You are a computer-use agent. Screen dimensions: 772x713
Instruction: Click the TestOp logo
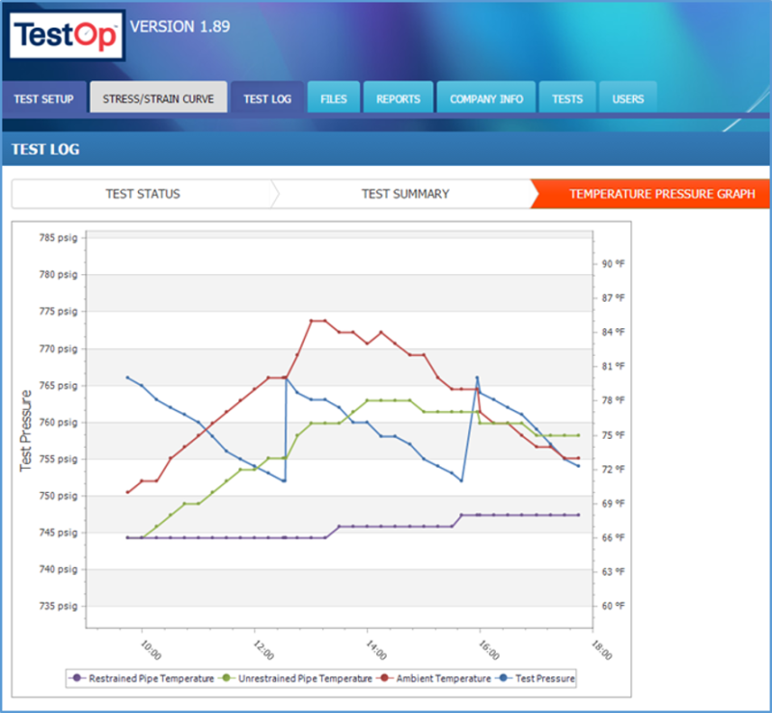coord(67,35)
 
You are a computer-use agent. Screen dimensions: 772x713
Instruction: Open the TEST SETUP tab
coord(43,98)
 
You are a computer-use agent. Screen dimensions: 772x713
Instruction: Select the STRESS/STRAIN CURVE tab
coord(158,98)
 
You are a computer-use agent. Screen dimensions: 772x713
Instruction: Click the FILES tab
coord(334,98)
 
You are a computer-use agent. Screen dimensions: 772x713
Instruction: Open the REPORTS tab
coord(399,98)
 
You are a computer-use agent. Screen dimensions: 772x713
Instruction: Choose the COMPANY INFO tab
coord(486,98)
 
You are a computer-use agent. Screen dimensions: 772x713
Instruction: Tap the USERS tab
coord(628,98)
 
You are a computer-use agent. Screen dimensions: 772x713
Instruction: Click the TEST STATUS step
coord(143,194)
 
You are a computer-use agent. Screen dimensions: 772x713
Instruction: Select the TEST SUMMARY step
coord(405,194)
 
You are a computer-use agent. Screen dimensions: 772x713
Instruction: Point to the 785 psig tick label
coord(59,238)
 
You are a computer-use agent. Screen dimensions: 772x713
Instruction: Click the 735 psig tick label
coord(59,606)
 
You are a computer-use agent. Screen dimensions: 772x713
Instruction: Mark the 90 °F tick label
coord(613,264)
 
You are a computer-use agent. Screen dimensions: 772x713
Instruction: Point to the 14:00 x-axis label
coord(376,650)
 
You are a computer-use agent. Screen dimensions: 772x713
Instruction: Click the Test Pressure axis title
coord(26,431)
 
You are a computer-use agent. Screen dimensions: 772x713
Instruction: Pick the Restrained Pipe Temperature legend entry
coord(142,678)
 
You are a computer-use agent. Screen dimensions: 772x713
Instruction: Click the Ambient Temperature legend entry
coord(433,678)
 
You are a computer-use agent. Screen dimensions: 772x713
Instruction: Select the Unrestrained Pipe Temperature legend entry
coord(295,678)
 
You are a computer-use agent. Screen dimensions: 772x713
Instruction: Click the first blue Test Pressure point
coord(128,377)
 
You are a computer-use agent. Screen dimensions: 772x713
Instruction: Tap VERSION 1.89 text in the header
coord(179,27)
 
